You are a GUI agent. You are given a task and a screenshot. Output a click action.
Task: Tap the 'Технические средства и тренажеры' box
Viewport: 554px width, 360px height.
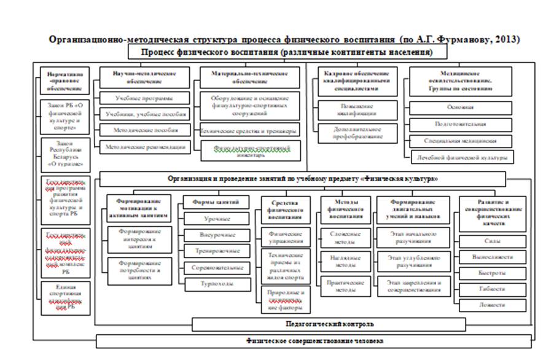pos(250,131)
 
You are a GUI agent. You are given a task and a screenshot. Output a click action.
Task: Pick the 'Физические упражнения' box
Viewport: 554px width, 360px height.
pos(283,237)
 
